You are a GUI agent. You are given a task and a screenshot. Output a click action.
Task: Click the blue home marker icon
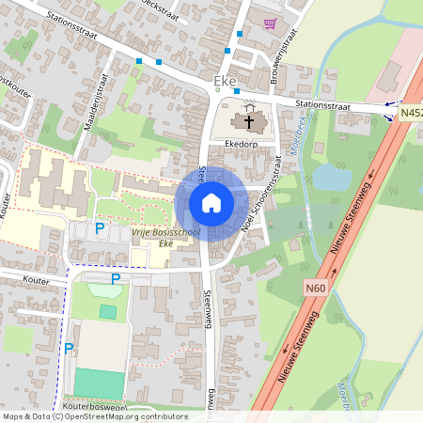coord(211,203)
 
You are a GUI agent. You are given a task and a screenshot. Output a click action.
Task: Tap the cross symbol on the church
coord(249,120)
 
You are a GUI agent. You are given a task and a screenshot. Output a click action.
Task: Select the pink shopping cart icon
coord(272,23)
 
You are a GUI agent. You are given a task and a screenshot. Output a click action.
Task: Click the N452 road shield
coord(410,114)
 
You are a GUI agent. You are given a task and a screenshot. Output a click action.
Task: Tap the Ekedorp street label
coord(242,144)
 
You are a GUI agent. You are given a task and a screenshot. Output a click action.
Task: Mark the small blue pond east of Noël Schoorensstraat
coord(330,177)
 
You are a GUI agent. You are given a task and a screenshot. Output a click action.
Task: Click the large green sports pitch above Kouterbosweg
coord(99,384)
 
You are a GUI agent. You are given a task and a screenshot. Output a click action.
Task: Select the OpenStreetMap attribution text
coord(94,416)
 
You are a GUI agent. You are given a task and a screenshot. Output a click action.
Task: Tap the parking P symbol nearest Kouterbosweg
coord(68,350)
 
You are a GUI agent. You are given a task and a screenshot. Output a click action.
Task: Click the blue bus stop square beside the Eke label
coord(237,91)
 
